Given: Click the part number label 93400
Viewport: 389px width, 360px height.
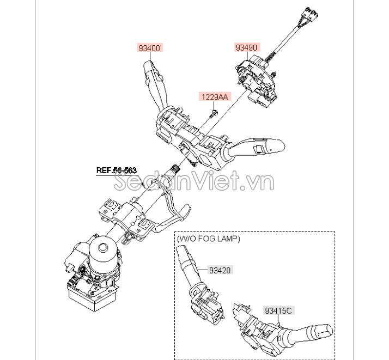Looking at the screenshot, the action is (150, 47).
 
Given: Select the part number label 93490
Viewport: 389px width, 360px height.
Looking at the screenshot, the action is (247, 47).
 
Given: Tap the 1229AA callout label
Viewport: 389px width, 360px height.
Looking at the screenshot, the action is (215, 96).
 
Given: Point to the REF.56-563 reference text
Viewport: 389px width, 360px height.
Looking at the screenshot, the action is (117, 170).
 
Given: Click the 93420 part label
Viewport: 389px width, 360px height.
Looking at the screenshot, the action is (220, 270).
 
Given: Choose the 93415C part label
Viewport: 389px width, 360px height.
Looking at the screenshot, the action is (278, 310).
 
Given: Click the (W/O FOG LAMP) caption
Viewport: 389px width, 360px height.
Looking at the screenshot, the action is (208, 239).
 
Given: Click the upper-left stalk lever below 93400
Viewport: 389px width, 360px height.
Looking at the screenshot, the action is (156, 84).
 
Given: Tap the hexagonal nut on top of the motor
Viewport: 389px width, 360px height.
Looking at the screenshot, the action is (103, 248).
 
